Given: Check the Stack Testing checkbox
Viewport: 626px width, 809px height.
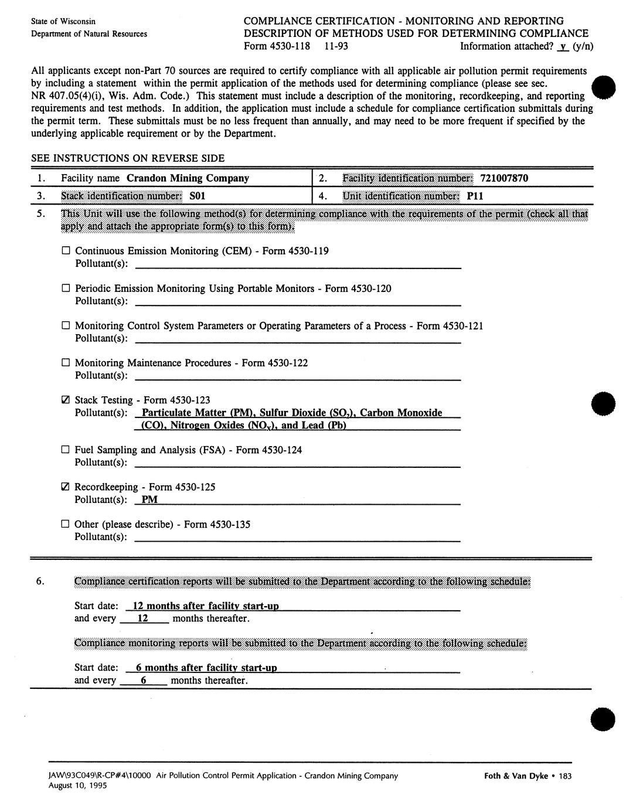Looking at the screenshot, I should pyautogui.click(x=66, y=400).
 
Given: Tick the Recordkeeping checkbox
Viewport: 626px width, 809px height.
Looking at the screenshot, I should pyautogui.click(x=66, y=487).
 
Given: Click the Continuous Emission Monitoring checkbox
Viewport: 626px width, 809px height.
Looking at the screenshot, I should pyautogui.click(x=66, y=251).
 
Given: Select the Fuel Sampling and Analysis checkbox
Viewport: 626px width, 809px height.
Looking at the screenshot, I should pyautogui.click(x=66, y=450).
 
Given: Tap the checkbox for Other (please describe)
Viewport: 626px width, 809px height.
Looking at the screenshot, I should pyautogui.click(x=66, y=525).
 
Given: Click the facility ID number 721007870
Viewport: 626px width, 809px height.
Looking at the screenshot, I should pyautogui.click(x=504, y=178).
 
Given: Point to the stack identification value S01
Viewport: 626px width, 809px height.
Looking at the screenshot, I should pyautogui.click(x=198, y=196).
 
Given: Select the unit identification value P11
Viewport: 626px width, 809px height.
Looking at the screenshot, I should pyautogui.click(x=475, y=196).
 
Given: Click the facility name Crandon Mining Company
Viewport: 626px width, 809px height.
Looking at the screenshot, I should pyautogui.click(x=188, y=178).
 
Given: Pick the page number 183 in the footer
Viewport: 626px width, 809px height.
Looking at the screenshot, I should pyautogui.click(x=565, y=776).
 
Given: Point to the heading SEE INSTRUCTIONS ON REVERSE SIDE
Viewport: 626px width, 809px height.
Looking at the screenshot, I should pyautogui.click(x=128, y=158).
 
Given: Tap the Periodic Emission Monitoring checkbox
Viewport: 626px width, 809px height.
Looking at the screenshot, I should pyautogui.click(x=66, y=288).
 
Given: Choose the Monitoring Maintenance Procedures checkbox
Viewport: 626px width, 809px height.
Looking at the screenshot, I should pyautogui.click(x=66, y=363).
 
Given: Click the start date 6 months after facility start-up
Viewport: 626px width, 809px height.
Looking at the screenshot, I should pyautogui.click(x=206, y=668).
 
